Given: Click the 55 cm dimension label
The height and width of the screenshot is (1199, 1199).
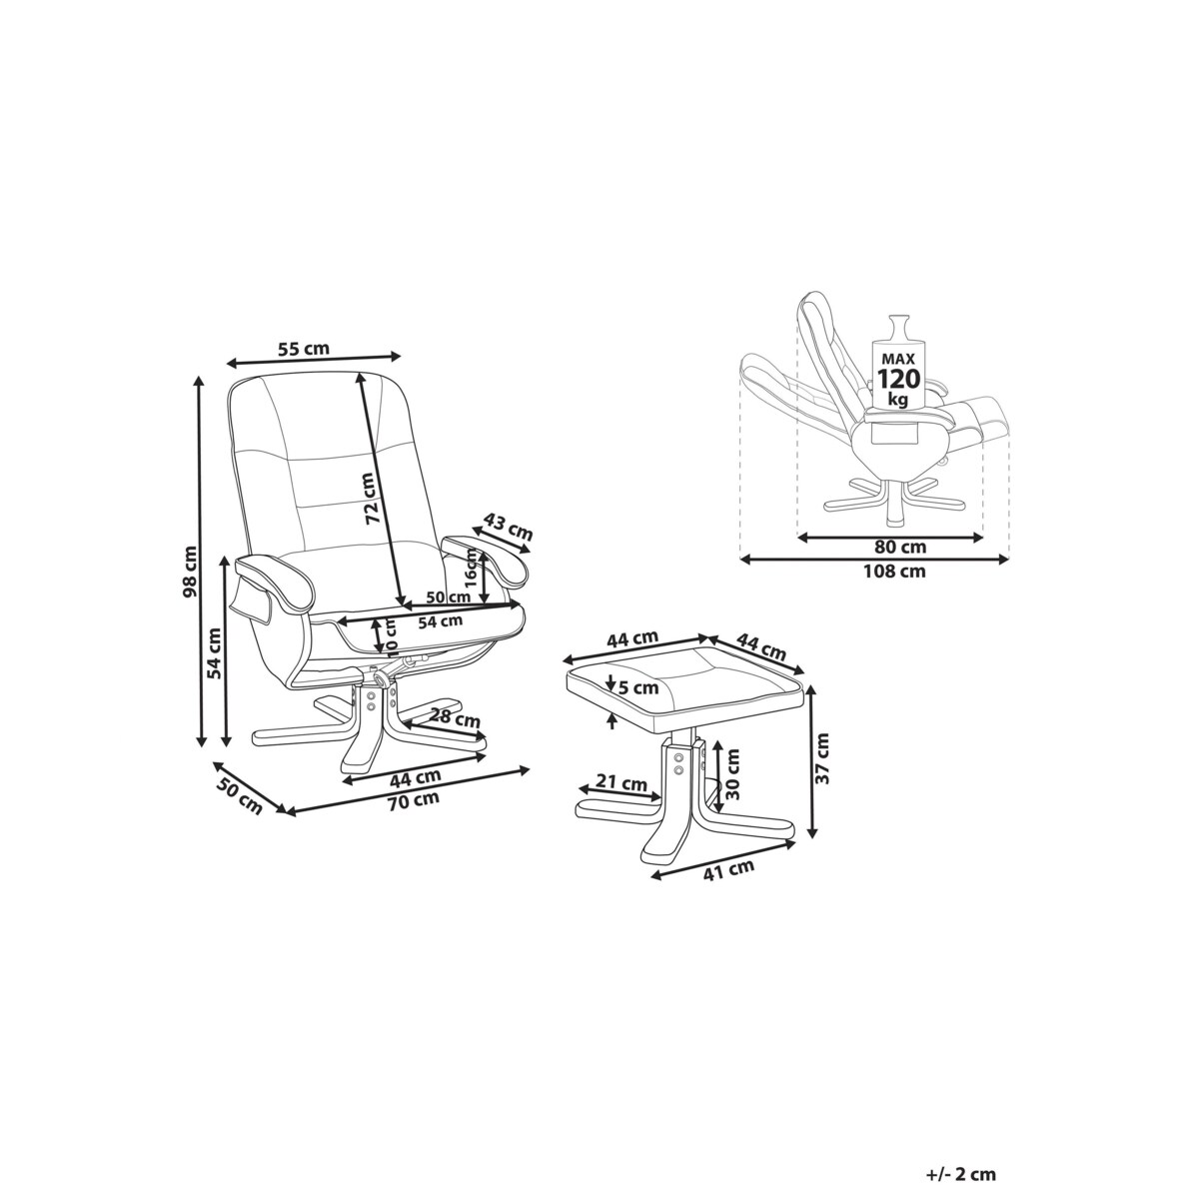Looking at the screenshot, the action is [303, 349].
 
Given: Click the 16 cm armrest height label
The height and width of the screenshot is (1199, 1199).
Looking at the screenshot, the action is [472, 569].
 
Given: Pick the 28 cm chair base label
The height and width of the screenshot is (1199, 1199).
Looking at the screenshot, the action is [456, 718].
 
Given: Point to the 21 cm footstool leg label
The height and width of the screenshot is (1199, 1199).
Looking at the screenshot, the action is [620, 782].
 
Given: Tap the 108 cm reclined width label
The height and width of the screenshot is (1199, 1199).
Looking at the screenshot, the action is [894, 571].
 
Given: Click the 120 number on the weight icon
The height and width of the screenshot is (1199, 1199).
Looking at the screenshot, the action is [898, 378].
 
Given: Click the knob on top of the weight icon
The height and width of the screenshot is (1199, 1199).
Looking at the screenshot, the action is [898, 326].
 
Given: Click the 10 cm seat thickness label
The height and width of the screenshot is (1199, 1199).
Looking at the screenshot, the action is [391, 635].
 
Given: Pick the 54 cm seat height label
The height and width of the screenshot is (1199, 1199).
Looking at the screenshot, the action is [214, 652].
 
